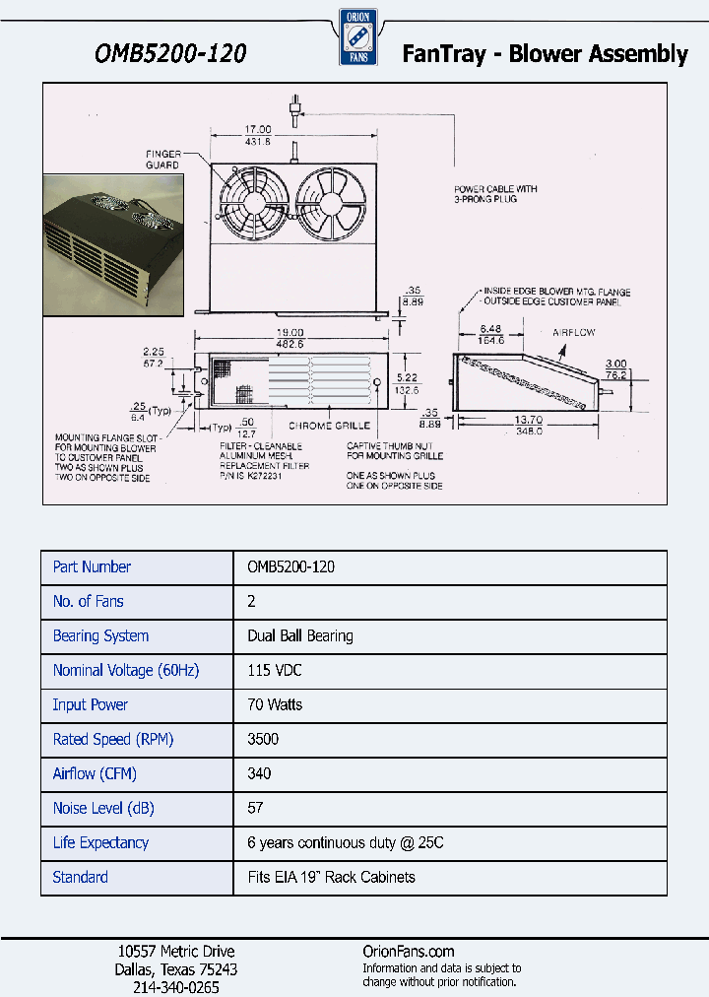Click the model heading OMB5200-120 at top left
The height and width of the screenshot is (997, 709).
[169, 53]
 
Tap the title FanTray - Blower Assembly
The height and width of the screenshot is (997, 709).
[545, 54]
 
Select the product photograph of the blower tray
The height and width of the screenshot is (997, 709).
[113, 245]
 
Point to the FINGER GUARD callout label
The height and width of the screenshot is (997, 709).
[163, 160]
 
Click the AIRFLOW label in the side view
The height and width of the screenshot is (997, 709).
[573, 333]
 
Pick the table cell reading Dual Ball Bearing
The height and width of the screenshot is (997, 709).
[299, 636]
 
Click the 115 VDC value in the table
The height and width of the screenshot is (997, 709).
[274, 671]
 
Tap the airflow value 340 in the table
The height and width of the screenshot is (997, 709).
[259, 774]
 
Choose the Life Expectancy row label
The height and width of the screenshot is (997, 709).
[100, 843]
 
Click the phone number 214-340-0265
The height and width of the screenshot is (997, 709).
[175, 986]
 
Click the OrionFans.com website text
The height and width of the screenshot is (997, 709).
[409, 951]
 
